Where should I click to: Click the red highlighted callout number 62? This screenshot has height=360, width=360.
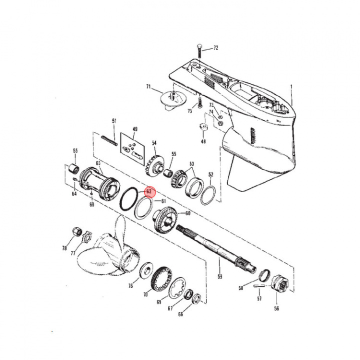[149, 191]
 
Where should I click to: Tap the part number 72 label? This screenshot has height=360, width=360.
[216, 48]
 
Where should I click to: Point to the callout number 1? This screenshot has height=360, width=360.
[291, 86]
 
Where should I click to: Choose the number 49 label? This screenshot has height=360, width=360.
[134, 129]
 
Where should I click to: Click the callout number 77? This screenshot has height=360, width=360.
[72, 253]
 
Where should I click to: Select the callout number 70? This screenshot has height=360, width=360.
[146, 294]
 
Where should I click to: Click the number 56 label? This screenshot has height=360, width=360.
[277, 308]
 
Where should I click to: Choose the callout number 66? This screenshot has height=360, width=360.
[181, 314]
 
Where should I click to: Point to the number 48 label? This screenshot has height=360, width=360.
[203, 141]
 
